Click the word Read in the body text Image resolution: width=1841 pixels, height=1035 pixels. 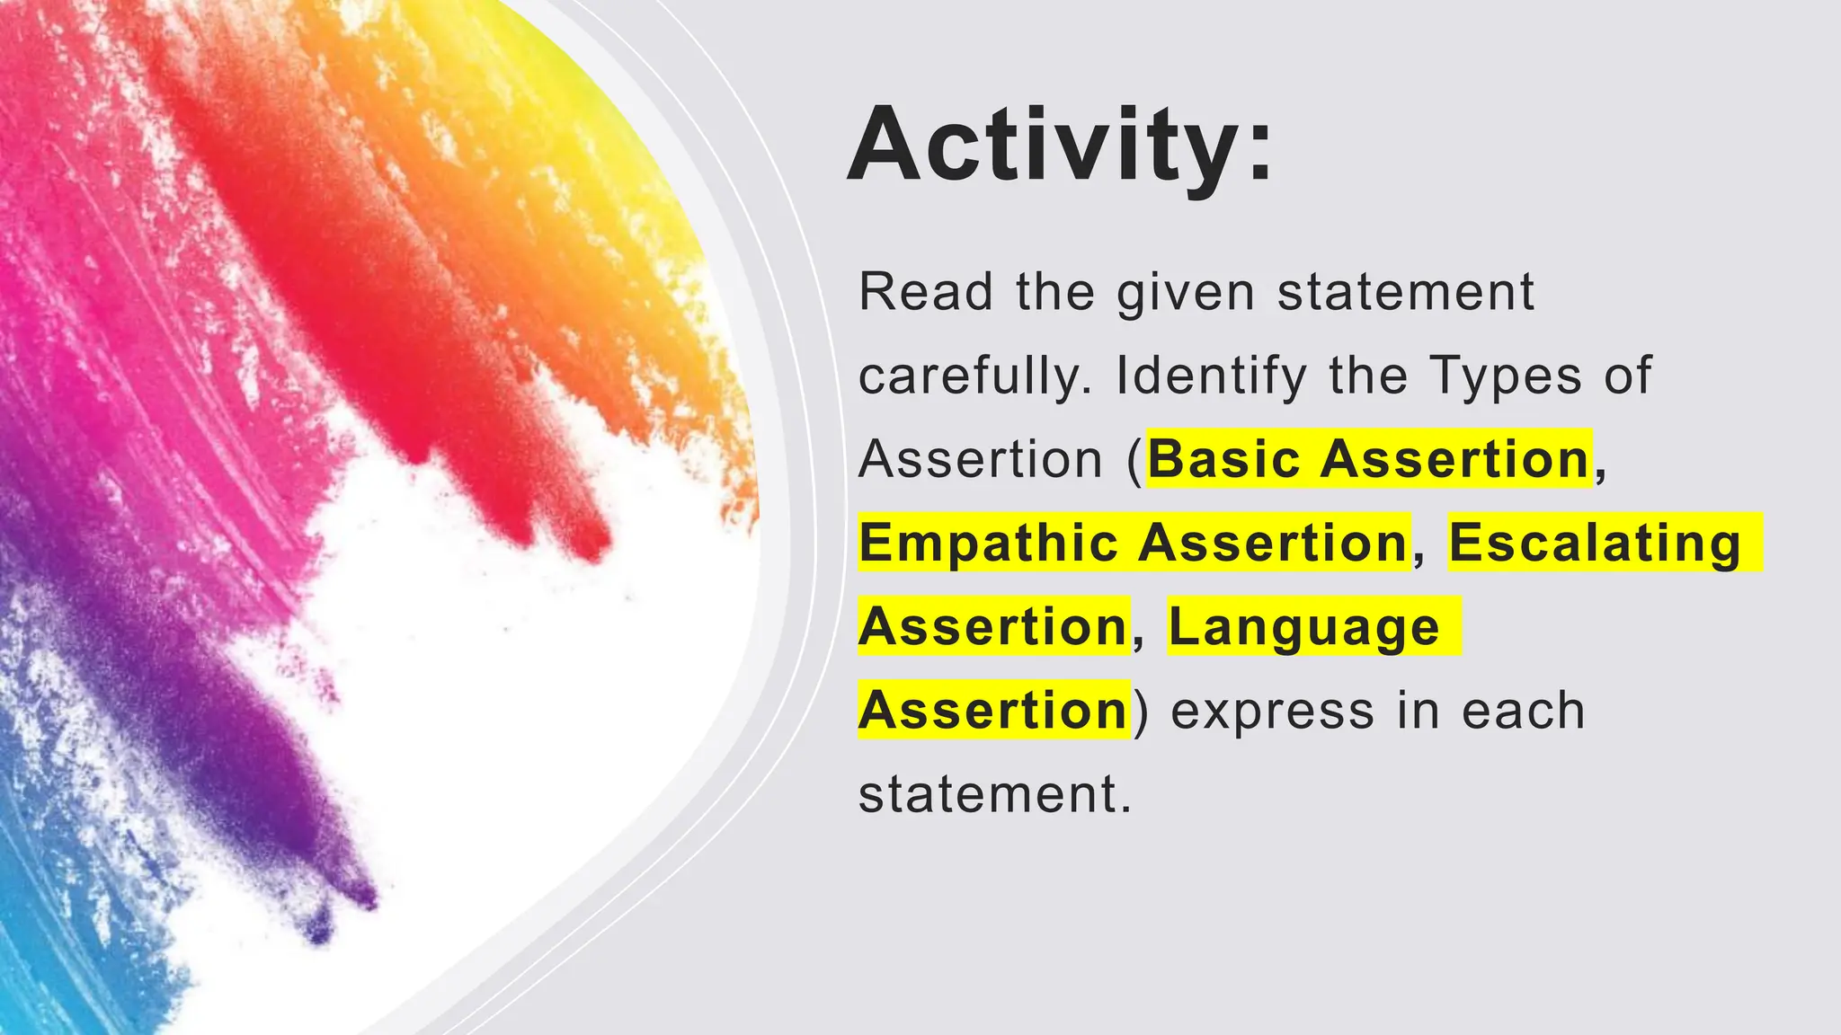(x=926, y=292)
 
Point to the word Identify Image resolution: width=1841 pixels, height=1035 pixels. (x=1211, y=377)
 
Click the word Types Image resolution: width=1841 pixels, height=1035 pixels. (x=1506, y=377)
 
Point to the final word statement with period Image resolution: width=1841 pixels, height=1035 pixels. (x=994, y=794)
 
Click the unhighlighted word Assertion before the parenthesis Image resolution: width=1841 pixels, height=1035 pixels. (x=980, y=459)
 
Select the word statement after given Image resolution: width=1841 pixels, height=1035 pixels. (x=1406, y=292)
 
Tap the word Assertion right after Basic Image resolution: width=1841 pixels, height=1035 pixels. (x=1456, y=459)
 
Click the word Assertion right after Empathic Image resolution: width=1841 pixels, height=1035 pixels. (x=1275, y=543)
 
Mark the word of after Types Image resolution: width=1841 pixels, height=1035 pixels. (x=1628, y=376)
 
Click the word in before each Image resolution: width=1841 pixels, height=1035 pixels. (x=1419, y=711)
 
